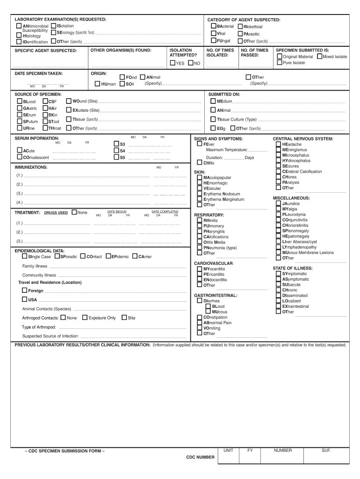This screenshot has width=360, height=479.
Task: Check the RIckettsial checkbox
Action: (240, 27)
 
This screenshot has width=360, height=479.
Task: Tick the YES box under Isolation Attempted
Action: (173, 63)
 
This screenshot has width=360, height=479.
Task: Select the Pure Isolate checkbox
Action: (279, 63)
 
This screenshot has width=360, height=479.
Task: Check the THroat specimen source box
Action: (45, 128)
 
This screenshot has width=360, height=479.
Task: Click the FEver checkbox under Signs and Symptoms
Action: (199, 145)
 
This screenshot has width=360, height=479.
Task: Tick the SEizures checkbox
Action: (279, 166)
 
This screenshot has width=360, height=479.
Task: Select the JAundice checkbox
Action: (279, 203)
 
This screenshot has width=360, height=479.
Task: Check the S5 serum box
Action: (116, 158)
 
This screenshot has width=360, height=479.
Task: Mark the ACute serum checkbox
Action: (20, 151)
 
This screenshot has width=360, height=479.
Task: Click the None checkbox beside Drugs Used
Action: (74, 212)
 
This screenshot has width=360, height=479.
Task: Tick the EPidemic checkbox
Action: (108, 256)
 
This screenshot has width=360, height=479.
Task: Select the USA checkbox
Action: (25, 300)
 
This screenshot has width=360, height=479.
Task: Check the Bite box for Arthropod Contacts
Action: (124, 318)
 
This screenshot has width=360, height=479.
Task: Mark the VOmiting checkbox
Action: (200, 328)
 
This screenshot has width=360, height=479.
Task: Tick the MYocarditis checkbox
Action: (200, 269)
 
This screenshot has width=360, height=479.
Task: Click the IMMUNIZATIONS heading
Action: (31, 167)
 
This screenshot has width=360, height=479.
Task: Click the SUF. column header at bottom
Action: (326, 450)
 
